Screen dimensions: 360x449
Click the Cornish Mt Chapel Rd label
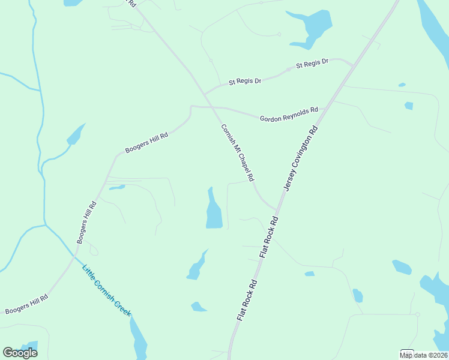[x=238, y=153]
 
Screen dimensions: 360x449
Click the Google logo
[x=20, y=353]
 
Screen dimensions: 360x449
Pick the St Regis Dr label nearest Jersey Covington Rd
[x=312, y=63]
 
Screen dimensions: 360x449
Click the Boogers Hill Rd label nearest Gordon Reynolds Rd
[x=146, y=143]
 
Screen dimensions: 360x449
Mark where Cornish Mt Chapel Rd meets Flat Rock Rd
[x=277, y=211]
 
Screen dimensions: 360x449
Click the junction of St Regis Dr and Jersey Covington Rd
[x=354, y=64]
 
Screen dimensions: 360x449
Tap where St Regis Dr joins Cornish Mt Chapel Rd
[x=205, y=94]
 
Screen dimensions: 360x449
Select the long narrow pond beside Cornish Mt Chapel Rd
[x=213, y=210]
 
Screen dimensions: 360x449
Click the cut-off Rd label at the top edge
[x=133, y=3]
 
